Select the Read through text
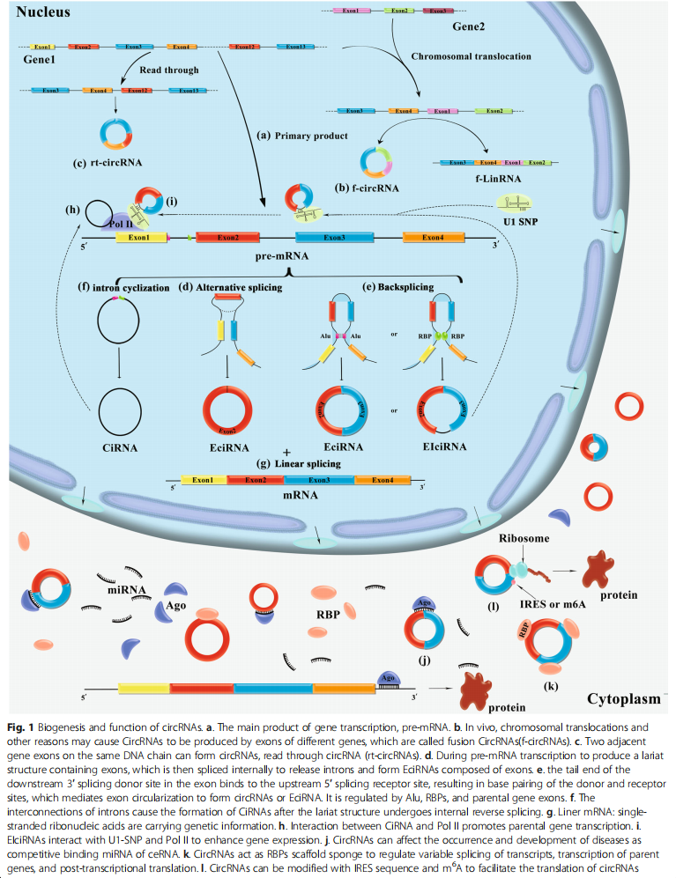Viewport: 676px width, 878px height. [x=169, y=70]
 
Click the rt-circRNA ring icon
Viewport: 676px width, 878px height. [x=114, y=133]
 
